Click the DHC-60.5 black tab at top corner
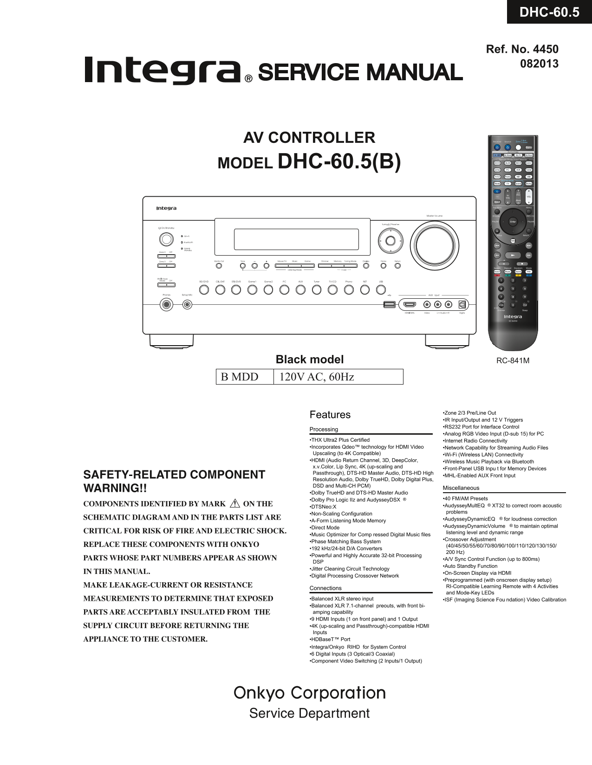(x=549, y=12)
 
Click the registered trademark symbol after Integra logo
(x=248, y=79)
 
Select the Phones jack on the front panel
(x=166, y=305)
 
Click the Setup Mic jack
(x=187, y=305)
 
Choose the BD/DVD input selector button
(x=204, y=290)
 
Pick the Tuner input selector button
(x=317, y=290)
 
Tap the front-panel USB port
(x=390, y=304)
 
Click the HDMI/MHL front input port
(x=410, y=304)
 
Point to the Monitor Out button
(x=219, y=266)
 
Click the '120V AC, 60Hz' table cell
(x=338, y=377)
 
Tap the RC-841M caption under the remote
(x=513, y=360)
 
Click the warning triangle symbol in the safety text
(x=234, y=503)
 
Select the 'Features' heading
(x=330, y=415)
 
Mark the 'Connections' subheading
(x=325, y=588)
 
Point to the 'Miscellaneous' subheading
(x=461, y=488)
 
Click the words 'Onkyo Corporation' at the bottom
(x=310, y=693)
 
